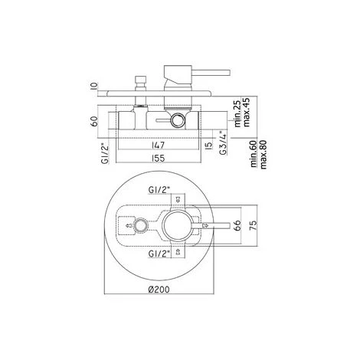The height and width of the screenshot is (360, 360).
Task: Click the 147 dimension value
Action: pos(159,145)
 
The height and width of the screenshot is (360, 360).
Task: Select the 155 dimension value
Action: pos(159,159)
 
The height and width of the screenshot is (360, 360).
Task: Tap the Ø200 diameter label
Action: pos(159,290)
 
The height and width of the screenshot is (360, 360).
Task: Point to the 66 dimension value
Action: pos(237,225)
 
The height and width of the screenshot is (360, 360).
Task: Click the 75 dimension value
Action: pos(253,225)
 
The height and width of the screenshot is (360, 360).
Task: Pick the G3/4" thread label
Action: pos(223,143)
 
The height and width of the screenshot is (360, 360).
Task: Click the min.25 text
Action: pos(237,114)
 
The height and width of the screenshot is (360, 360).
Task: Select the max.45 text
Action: pos(246,113)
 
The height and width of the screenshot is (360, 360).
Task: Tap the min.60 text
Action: pos(254,154)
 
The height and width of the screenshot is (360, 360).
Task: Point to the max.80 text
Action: pos(263,155)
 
